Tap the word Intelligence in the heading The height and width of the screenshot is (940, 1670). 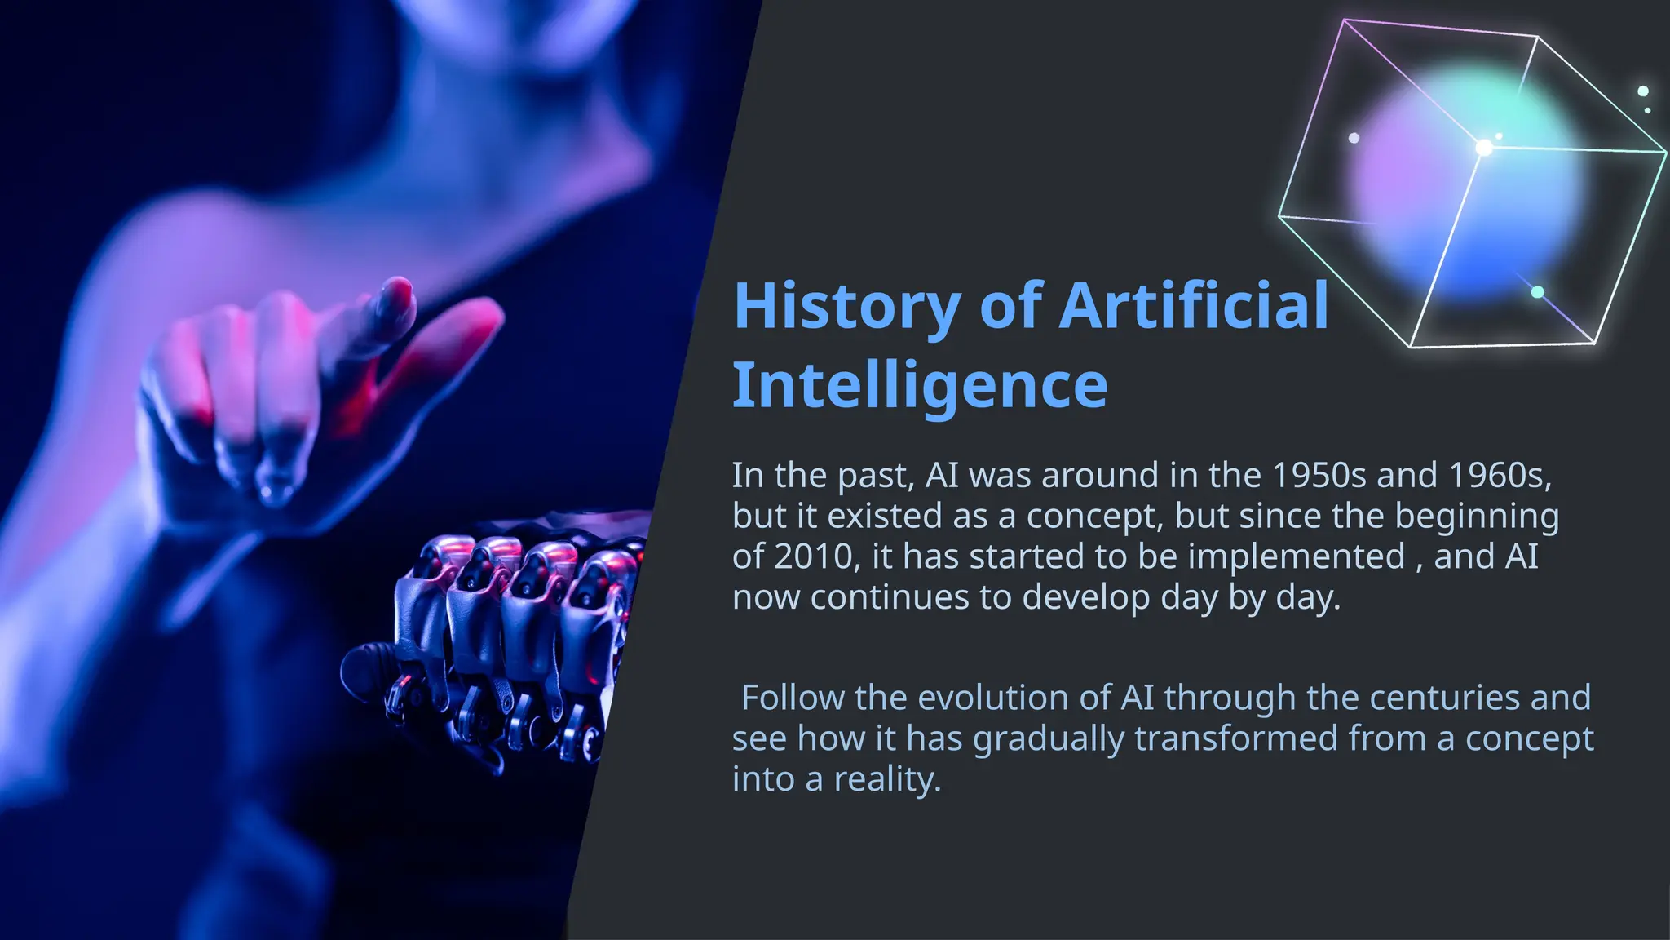(920, 385)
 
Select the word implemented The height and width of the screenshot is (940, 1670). (1296, 556)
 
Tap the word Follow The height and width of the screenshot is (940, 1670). (793, 698)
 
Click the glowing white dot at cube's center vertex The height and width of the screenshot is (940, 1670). (1485, 148)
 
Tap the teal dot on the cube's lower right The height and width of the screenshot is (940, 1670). (1537, 292)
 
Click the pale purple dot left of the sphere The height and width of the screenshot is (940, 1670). (1354, 138)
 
